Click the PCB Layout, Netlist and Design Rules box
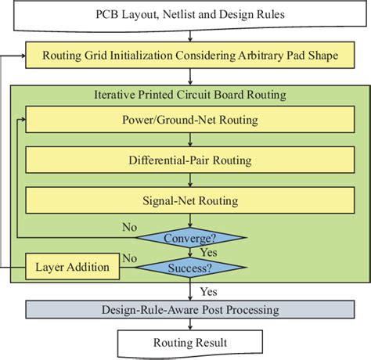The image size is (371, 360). [x=190, y=16]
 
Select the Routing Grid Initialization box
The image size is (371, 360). [x=190, y=55]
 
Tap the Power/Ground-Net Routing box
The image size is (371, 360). [x=190, y=121]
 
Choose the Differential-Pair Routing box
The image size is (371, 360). [x=190, y=160]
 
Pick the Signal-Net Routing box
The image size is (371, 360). [x=190, y=200]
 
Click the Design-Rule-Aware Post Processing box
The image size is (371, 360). [x=190, y=309]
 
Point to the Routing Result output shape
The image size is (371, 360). [x=190, y=342]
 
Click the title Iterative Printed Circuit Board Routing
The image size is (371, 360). [x=190, y=95]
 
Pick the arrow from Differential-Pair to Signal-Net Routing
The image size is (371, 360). [x=190, y=180]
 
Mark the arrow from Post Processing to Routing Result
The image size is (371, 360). [x=190, y=325]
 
